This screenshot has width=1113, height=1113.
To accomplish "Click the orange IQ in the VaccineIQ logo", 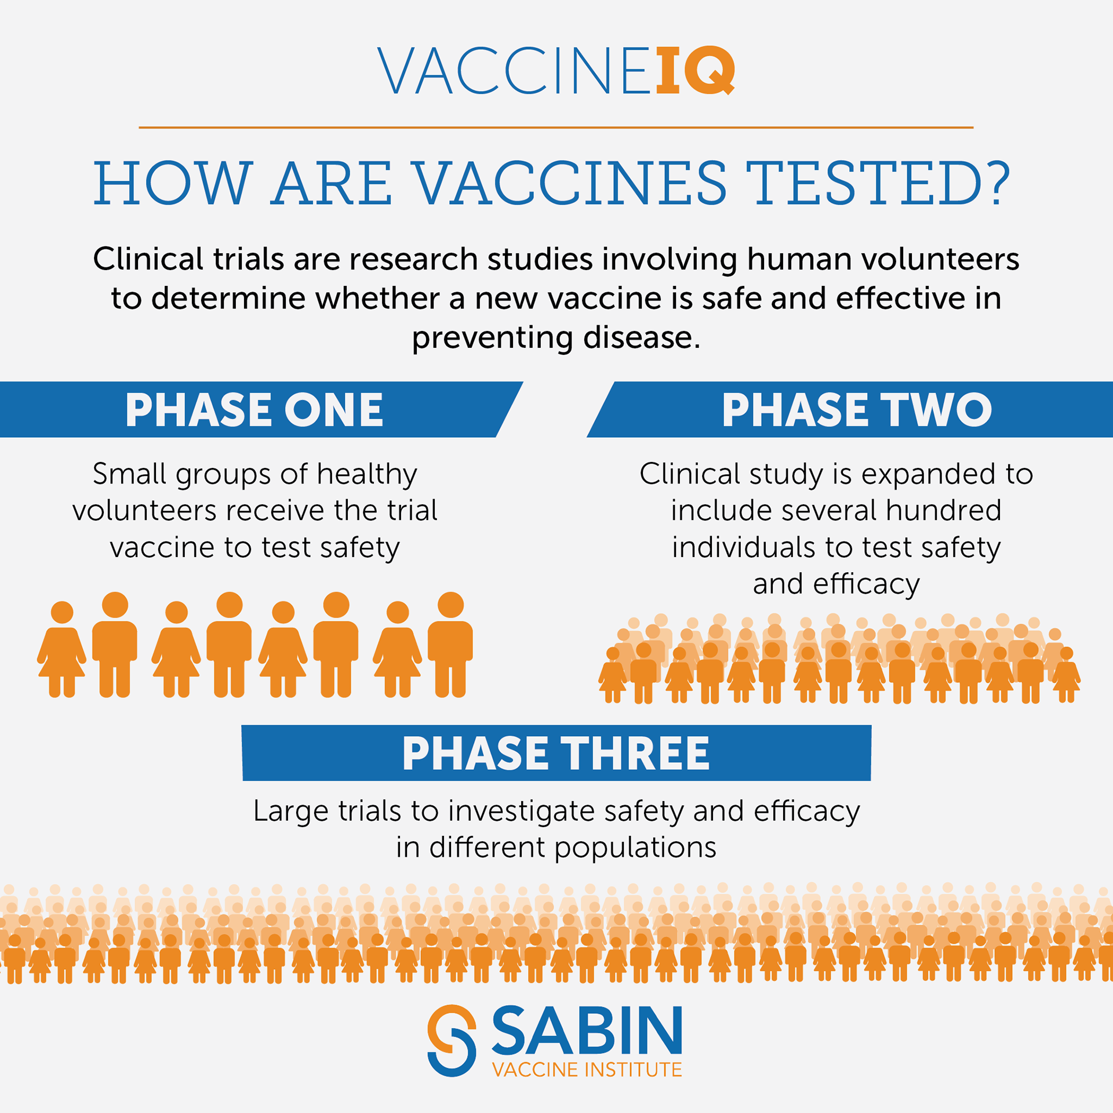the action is tap(695, 70).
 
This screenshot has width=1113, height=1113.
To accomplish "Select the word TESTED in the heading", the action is tap(862, 183).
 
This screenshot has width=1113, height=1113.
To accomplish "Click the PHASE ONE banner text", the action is tap(254, 410).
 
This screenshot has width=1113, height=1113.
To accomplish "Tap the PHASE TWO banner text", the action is tap(857, 410).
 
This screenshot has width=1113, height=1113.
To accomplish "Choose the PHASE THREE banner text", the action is tap(556, 753).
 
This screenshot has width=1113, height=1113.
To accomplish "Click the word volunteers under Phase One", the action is tap(144, 511).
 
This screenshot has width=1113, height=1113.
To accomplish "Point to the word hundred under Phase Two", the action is tap(943, 510).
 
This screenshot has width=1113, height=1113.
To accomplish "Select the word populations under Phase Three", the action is tap(635, 848).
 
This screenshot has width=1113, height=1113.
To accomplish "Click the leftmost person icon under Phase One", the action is tap(61, 649).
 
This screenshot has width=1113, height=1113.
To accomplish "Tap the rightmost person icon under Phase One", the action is tap(450, 644).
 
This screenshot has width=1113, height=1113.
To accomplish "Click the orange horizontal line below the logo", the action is tap(556, 128).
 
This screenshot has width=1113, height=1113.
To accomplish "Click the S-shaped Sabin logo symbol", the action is tap(452, 1040).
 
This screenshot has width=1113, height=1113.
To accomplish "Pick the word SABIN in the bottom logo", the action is tap(587, 1030).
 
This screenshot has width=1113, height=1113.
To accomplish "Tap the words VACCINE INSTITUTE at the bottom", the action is tap(587, 1070).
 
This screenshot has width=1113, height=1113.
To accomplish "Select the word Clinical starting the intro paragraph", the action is tap(148, 259).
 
